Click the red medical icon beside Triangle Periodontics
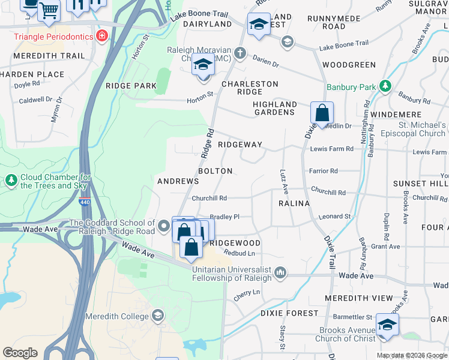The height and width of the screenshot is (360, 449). point(102,37)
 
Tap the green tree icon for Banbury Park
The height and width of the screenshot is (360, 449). point(384,87)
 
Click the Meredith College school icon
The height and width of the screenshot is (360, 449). point(157,316)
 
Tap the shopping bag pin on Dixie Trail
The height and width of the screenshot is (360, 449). point(322,113)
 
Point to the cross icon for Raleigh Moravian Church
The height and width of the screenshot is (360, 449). point(240,53)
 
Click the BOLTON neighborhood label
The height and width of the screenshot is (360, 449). point(215,171)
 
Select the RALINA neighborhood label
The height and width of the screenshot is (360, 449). point(294,203)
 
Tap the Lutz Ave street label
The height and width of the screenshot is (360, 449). point(283,181)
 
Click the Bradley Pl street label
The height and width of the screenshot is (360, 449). point(224,217)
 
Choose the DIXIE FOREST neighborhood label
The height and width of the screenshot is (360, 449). point(289,313)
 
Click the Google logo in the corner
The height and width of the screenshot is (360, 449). point(20,353)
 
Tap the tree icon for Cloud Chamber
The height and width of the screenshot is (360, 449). point(11,180)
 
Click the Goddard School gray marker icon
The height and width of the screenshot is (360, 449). point(164,227)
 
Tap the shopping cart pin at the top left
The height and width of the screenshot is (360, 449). point(49,10)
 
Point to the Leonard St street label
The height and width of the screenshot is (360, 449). point(334,217)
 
